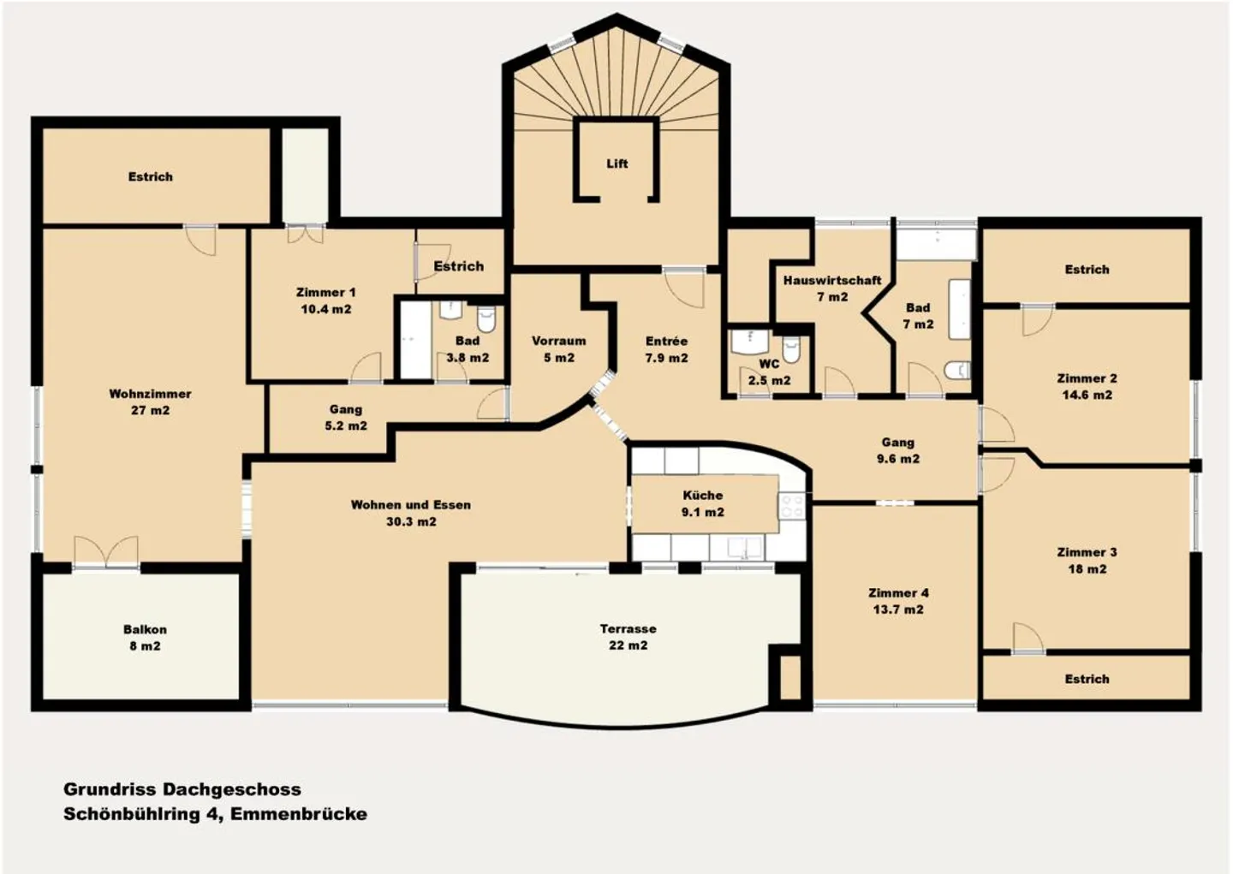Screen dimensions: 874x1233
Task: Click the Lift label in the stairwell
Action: click(x=616, y=164)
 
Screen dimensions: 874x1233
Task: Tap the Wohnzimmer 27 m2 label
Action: click(x=150, y=402)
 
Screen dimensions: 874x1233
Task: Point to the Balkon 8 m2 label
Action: click(x=145, y=638)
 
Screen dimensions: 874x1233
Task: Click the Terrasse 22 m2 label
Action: click(x=628, y=637)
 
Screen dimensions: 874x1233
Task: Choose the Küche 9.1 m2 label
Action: click(x=702, y=503)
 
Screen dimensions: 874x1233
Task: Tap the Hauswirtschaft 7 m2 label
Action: click(x=831, y=288)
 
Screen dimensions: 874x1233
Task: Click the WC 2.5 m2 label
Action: click(x=769, y=372)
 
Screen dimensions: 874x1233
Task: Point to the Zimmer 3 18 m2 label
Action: click(x=1087, y=561)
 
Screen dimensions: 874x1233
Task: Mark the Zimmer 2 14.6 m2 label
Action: click(x=1087, y=386)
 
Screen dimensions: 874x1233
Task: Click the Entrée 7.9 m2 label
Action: click(x=666, y=349)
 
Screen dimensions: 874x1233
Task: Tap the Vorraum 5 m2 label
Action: click(x=558, y=349)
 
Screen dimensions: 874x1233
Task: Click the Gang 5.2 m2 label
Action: click(x=345, y=418)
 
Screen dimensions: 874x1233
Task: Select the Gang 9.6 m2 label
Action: click(x=897, y=450)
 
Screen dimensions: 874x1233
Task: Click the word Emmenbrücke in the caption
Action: click(x=298, y=814)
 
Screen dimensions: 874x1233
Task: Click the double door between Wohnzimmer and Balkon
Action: click(x=105, y=552)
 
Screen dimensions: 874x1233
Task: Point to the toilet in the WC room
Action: click(x=792, y=350)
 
